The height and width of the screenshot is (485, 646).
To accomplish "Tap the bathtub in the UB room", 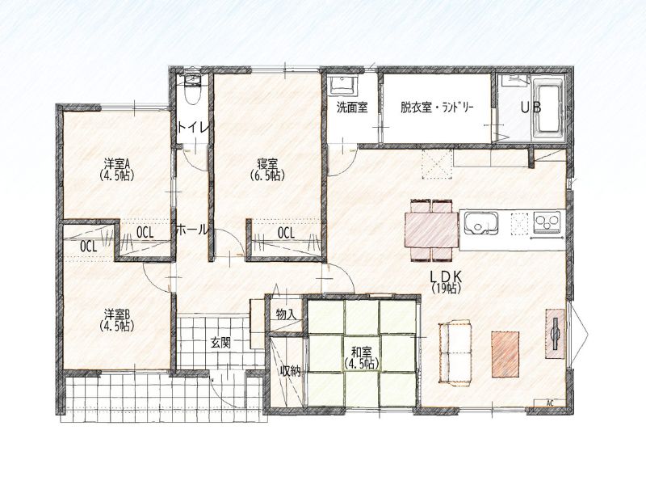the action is pyautogui.click(x=548, y=108).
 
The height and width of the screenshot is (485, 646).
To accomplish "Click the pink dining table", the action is pyautogui.click(x=432, y=230).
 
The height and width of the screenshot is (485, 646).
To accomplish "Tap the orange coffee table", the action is pyautogui.click(x=505, y=354).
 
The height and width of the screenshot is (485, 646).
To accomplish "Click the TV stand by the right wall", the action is pyautogui.click(x=555, y=334).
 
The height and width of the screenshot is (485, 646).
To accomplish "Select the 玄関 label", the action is pyautogui.click(x=220, y=342).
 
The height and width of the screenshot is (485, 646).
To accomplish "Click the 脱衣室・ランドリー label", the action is pyautogui.click(x=437, y=108).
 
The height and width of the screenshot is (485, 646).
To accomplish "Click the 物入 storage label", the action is pyautogui.click(x=286, y=314).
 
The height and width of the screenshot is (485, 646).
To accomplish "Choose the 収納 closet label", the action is pyautogui.click(x=291, y=371).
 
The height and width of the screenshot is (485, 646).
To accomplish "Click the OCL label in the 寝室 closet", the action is pyautogui.click(x=287, y=234).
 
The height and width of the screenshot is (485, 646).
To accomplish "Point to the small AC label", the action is pyautogui.click(x=549, y=403).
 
